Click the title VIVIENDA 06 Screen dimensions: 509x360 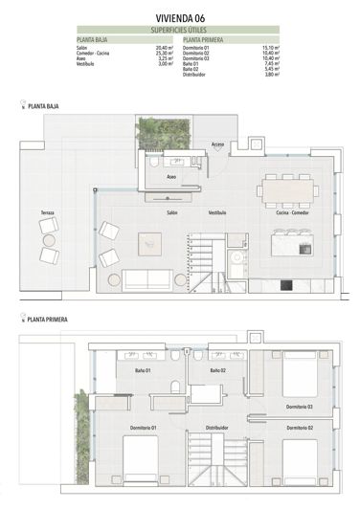coord(179,17)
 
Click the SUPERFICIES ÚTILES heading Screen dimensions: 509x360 coord(179,31)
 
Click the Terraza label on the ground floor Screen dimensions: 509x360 coord(48,211)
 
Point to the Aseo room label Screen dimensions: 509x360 coord(171,177)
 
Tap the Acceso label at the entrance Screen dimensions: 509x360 coord(218,144)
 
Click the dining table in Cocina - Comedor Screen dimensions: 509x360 coord(288,189)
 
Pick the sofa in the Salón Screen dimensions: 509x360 coord(152,279)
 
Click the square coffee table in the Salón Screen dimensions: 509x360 coord(151,243)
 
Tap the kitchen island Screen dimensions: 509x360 coord(291,246)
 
